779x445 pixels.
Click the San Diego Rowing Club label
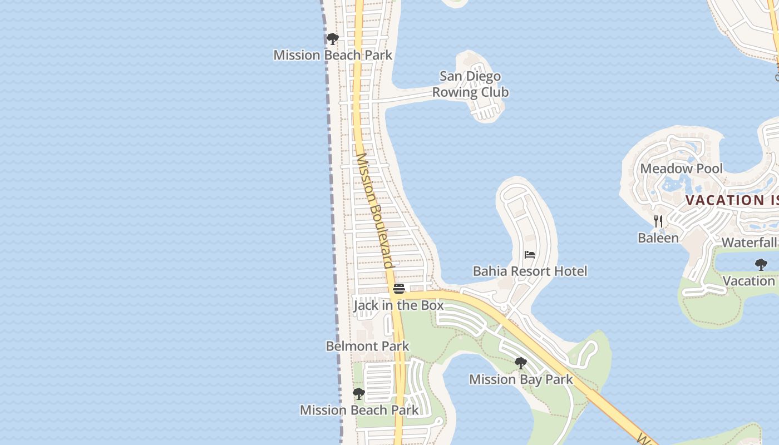click(470, 84)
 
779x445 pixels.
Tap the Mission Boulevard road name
click(374, 211)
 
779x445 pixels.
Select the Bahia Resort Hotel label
click(530, 271)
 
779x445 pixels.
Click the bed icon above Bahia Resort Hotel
click(530, 255)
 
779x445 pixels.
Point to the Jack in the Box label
click(398, 305)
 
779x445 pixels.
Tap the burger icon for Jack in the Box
click(398, 289)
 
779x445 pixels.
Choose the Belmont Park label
click(367, 346)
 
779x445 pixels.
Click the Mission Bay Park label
click(521, 379)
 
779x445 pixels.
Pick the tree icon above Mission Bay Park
click(521, 363)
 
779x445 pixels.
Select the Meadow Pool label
click(682, 169)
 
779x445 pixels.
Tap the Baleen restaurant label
click(658, 238)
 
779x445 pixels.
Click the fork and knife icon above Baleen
click(658, 221)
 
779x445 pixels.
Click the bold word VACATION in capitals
click(718, 200)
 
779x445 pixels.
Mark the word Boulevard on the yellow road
click(384, 236)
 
